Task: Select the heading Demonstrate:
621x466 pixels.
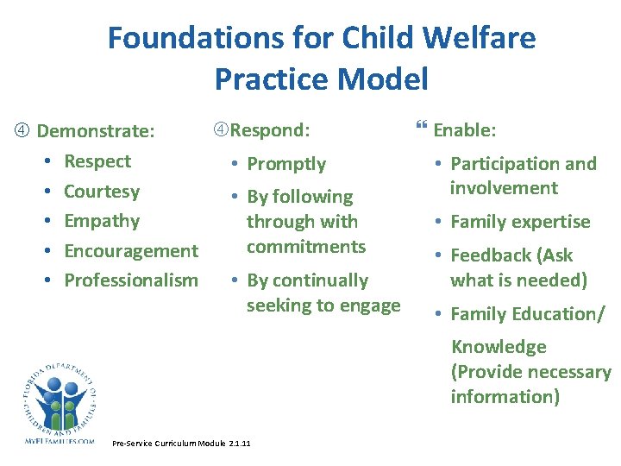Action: (x=96, y=131)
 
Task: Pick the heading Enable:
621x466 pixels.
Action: (x=464, y=130)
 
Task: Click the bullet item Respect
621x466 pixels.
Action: (x=97, y=161)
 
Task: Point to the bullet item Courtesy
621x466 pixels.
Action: (x=102, y=191)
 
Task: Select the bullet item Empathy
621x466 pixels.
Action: (x=102, y=221)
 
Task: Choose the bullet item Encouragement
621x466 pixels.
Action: (x=131, y=251)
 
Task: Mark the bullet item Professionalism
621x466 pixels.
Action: (x=131, y=280)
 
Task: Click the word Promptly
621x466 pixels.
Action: (x=286, y=164)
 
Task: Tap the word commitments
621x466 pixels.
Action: (x=306, y=247)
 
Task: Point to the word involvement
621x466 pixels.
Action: (x=504, y=188)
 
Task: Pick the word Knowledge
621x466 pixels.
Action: (x=499, y=347)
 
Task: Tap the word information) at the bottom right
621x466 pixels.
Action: (x=505, y=397)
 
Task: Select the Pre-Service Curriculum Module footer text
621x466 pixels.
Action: (x=181, y=444)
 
